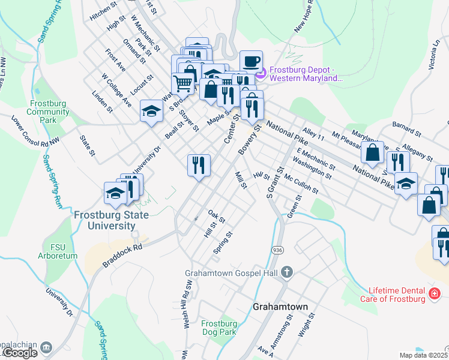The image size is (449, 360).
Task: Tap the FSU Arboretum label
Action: pos(58,251)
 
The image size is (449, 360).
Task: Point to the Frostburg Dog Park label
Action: pos(219,327)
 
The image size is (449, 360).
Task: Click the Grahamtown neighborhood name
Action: pos(280,307)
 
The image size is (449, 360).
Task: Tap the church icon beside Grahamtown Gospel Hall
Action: pos(287,272)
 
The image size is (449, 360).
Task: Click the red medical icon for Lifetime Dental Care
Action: pos(434,293)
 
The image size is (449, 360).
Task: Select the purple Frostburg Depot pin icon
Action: pos(261,73)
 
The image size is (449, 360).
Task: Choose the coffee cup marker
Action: pos(251,61)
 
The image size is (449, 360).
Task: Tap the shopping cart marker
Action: pos(184,83)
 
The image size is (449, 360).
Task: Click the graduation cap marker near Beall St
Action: pos(152,110)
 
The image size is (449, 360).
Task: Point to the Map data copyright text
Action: pos(423,355)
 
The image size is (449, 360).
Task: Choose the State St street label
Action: pos(88,146)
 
